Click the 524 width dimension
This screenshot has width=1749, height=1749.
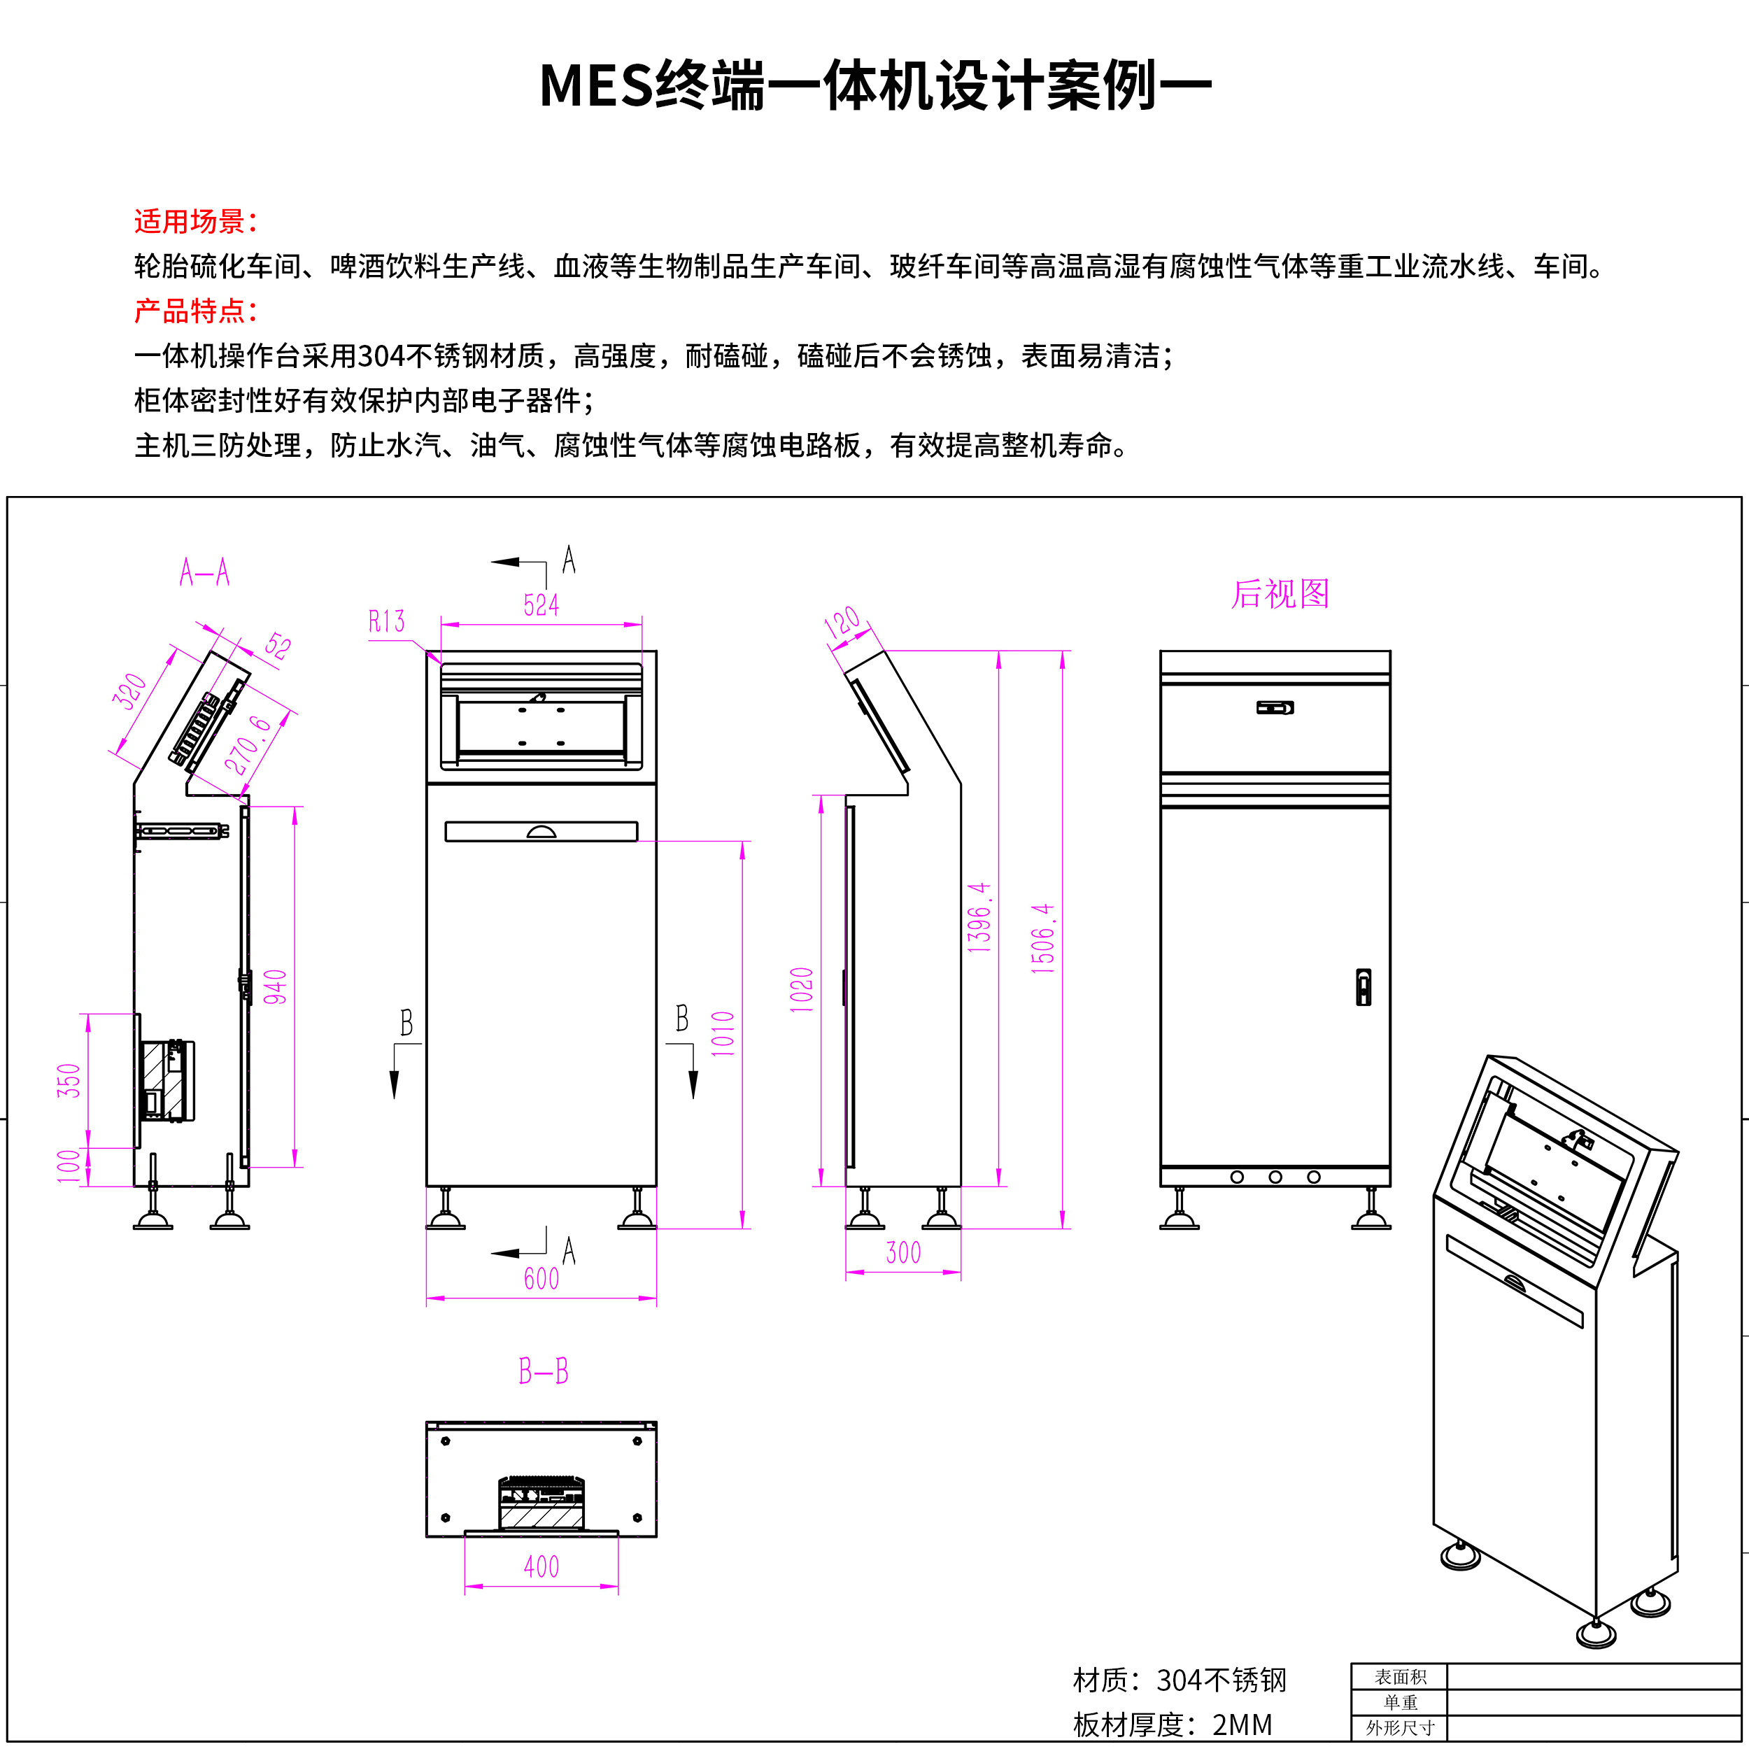coord(541,604)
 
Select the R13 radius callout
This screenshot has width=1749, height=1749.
coord(387,622)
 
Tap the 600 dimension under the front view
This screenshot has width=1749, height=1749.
coord(541,1278)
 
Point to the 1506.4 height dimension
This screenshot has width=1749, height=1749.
coord(1043,938)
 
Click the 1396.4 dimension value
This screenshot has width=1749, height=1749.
coord(979,916)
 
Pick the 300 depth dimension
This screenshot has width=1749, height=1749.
coord(903,1253)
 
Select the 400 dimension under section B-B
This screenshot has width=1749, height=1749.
coord(541,1567)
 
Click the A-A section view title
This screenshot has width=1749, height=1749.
coord(204,573)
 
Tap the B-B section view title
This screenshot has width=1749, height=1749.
coord(543,1371)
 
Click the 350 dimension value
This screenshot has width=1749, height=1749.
coord(69,1081)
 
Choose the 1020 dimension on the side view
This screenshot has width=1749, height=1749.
coord(802,989)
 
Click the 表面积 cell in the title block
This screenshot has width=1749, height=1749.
coord(1400,1676)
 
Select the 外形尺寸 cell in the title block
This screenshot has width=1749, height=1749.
coord(1400,1727)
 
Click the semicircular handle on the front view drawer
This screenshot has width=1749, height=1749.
coord(541,832)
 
